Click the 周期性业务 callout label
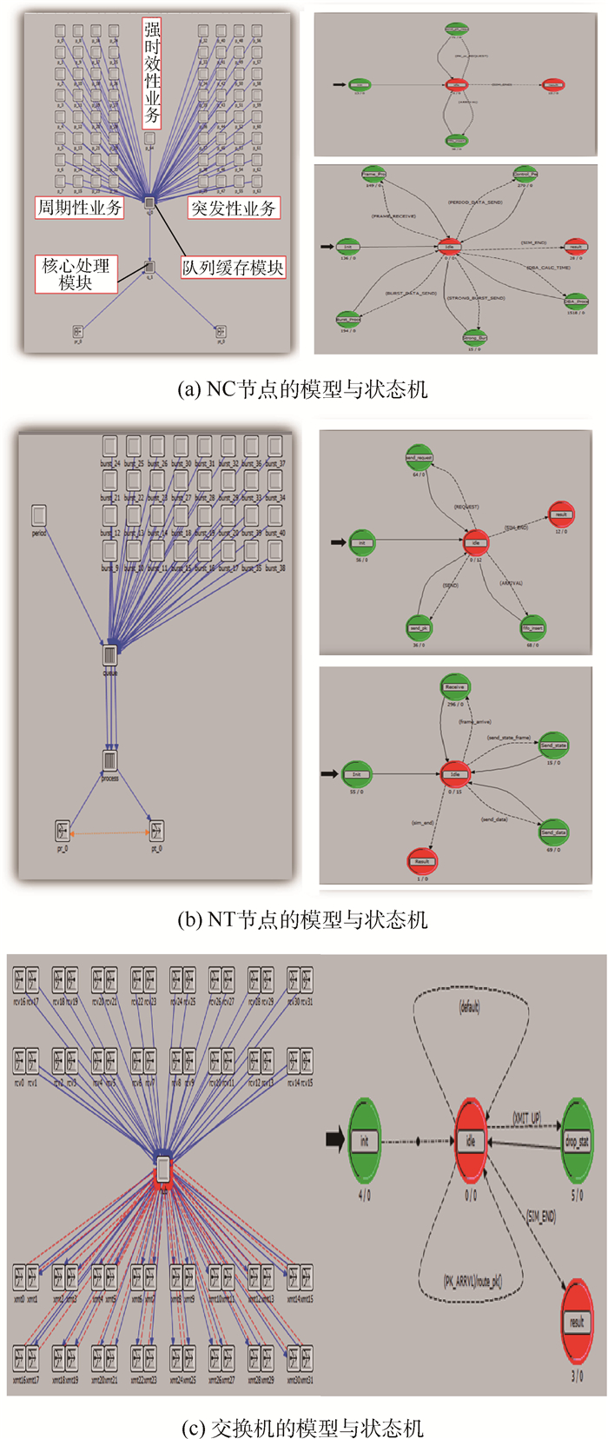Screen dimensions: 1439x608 [79, 208]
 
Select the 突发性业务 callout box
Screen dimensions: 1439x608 [233, 209]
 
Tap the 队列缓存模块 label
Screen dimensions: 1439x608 [233, 268]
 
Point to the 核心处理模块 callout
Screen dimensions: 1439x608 [76, 274]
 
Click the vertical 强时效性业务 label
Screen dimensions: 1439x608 [151, 73]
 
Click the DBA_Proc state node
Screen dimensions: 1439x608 [576, 302]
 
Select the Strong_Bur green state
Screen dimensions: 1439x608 [474, 337]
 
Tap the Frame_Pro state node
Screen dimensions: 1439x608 [373, 175]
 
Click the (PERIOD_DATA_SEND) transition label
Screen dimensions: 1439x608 [474, 202]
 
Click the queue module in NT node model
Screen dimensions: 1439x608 [110, 655]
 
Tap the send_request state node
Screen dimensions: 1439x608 [419, 458]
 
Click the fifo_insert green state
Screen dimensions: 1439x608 [532, 627]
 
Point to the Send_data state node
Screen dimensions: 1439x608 [553, 832]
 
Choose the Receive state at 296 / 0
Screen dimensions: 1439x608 [455, 687]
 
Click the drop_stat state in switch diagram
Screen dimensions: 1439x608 [577, 1141]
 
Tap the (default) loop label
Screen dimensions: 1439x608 [470, 1007]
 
